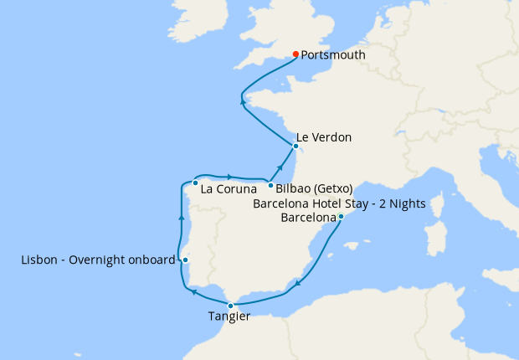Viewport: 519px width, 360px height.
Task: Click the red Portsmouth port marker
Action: pyautogui.click(x=295, y=55)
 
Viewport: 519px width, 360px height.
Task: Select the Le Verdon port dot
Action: pyautogui.click(x=295, y=146)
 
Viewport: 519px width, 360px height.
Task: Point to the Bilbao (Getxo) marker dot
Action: pyautogui.click(x=270, y=184)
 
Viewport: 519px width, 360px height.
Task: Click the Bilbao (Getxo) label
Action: pyautogui.click(x=313, y=188)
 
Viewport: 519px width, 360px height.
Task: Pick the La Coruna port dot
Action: pyautogui.click(x=194, y=183)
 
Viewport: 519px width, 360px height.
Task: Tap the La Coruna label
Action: pyautogui.click(x=228, y=190)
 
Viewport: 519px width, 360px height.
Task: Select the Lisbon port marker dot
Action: pyautogui.click(x=185, y=260)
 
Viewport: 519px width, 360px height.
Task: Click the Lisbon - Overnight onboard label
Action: pyautogui.click(x=98, y=260)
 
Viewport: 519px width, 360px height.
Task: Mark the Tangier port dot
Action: pyautogui.click(x=230, y=306)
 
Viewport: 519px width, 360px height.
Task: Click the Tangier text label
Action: pyautogui.click(x=229, y=317)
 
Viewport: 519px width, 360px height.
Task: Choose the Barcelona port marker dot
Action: pyautogui.click(x=341, y=218)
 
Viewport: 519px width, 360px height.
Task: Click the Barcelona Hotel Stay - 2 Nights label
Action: pyautogui.click(x=339, y=203)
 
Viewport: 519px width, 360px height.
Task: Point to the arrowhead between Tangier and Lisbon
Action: pyautogui.click(x=193, y=292)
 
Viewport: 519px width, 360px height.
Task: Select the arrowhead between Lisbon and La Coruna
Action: pyautogui.click(x=182, y=218)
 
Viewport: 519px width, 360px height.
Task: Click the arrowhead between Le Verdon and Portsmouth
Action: pyautogui.click(x=244, y=101)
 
